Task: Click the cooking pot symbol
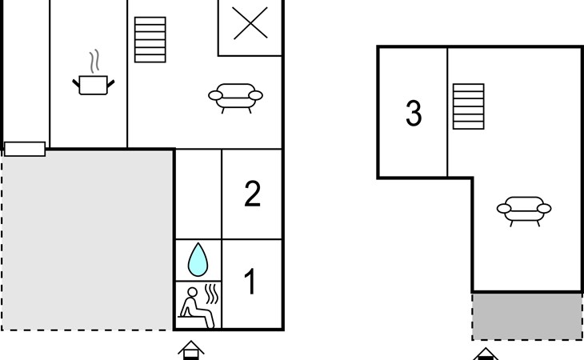coord(93,84)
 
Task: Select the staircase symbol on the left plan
coord(150,40)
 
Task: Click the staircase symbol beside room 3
coord(468,106)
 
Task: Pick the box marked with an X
coord(250,24)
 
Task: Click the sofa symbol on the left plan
coord(235,97)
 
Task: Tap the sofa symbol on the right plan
coord(524,210)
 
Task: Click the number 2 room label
coord(252,194)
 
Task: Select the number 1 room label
coord(250,283)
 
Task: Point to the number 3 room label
coord(414,114)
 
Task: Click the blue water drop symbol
coord(197,260)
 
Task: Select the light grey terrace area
coord(86,240)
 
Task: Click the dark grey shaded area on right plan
coord(526,316)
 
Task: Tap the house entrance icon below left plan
coord(191,350)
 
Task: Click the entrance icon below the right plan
coord(486,354)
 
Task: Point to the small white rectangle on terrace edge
coord(25,149)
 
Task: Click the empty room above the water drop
coord(198,194)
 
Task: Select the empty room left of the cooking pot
coord(26,72)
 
